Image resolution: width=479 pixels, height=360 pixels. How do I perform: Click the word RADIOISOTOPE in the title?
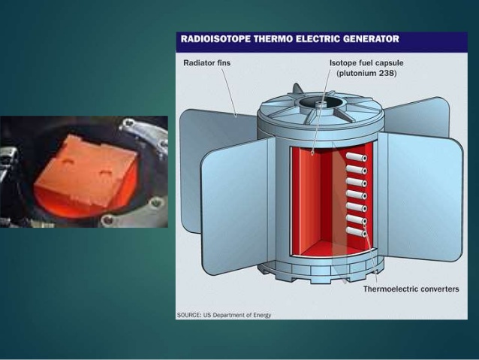pos(215,39)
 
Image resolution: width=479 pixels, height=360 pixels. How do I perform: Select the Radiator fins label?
pos(206,63)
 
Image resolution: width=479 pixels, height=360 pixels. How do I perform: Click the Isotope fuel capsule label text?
pos(366,63)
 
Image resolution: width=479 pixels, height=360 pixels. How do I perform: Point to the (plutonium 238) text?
pos(366,74)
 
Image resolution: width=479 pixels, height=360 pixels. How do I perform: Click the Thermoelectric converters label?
pos(411,289)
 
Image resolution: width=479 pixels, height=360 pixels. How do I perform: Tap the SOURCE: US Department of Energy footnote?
pos(224,315)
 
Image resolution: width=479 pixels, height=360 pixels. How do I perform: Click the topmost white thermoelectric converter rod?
pos(357,157)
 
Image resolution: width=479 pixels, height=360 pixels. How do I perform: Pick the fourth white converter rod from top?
pos(357,195)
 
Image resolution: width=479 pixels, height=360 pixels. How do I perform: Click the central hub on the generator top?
pos(320,104)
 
